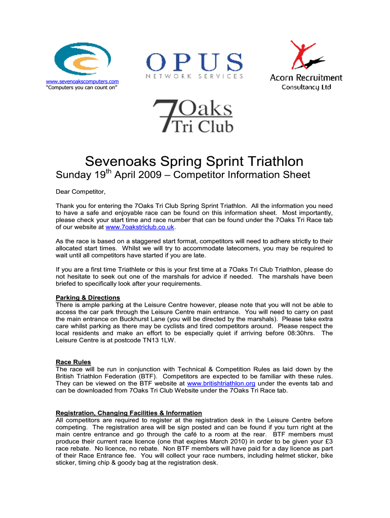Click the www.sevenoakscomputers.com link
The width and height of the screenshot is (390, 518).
(82, 81)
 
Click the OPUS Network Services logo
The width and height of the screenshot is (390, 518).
(194, 66)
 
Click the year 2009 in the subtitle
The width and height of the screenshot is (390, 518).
(152, 176)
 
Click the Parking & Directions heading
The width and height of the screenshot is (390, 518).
(88, 297)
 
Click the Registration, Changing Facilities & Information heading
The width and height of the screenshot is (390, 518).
(129, 413)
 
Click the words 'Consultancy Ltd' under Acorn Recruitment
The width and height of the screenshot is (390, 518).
(306, 87)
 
